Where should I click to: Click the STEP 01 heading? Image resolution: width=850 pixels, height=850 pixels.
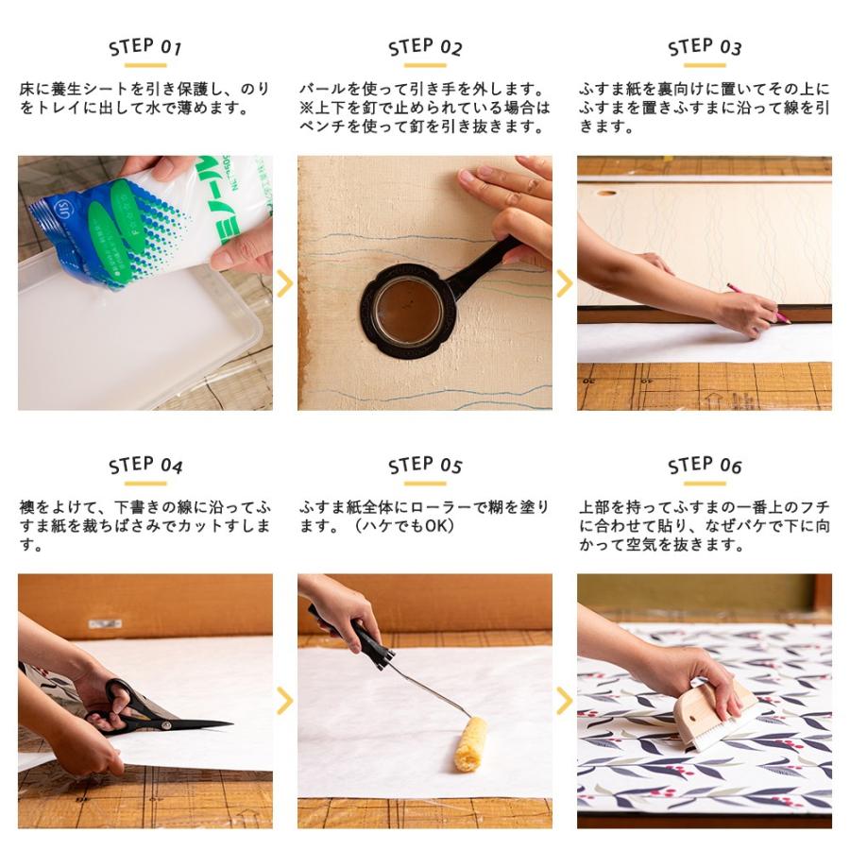pyautogui.click(x=145, y=47)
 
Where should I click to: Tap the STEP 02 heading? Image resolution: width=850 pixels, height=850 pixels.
pyautogui.click(x=425, y=47)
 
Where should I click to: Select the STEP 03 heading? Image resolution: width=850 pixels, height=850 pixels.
pyautogui.click(x=705, y=47)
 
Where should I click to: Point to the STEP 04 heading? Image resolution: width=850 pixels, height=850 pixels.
pyautogui.click(x=145, y=466)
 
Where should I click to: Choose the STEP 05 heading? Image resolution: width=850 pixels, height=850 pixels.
pyautogui.click(x=425, y=466)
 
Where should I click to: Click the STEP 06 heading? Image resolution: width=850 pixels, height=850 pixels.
pyautogui.click(x=705, y=466)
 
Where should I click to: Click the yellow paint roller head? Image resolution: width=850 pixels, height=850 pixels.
pyautogui.click(x=469, y=743)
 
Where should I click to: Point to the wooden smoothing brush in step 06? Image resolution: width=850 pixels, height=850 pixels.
pyautogui.click(x=715, y=717)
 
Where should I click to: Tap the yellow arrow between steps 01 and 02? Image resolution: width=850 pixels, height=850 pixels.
pyautogui.click(x=285, y=283)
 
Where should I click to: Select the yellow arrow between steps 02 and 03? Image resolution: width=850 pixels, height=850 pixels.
pyautogui.click(x=565, y=283)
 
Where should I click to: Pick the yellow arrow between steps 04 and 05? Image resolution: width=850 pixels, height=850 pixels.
pyautogui.click(x=285, y=701)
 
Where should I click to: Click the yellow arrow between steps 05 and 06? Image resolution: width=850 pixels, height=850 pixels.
pyautogui.click(x=565, y=701)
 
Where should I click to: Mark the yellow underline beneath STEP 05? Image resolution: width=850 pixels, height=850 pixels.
pyautogui.click(x=425, y=484)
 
